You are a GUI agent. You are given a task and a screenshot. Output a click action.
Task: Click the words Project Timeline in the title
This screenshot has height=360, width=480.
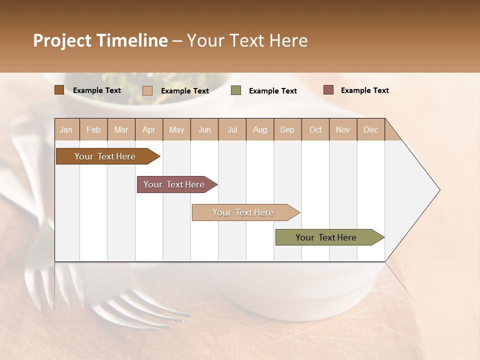pos(100,40)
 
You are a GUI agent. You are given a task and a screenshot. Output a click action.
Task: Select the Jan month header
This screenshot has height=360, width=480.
pos(66,129)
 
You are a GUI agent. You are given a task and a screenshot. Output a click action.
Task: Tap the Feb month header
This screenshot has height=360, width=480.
pos(93,129)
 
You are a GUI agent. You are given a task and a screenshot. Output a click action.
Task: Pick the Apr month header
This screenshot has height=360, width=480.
pos(148,129)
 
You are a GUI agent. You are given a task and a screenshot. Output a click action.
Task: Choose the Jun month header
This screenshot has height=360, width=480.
pos(204,129)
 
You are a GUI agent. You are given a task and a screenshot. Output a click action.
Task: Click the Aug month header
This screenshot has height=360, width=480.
pos(259,129)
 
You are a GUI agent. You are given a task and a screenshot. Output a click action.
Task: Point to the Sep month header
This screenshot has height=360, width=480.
pos(287,129)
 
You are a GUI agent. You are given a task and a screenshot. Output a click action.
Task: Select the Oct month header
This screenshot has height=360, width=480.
pos(315,129)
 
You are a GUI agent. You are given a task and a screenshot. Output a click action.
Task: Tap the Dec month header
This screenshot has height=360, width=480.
pos(370,129)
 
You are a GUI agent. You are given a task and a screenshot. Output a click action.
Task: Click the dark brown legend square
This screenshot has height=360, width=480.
pos(59,90)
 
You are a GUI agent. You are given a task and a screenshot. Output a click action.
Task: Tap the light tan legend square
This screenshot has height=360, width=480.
pos(147,90)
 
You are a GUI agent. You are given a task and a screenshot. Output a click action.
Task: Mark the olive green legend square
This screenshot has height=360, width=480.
pos(236,90)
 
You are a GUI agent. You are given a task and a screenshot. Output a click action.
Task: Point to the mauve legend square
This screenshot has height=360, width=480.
pos(328,90)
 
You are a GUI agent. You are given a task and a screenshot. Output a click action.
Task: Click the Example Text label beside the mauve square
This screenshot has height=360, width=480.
pos(364,90)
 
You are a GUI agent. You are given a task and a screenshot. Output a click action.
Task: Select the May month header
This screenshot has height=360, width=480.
pos(176,129)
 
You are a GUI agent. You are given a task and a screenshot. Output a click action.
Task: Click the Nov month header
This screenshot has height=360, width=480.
pos(343,129)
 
